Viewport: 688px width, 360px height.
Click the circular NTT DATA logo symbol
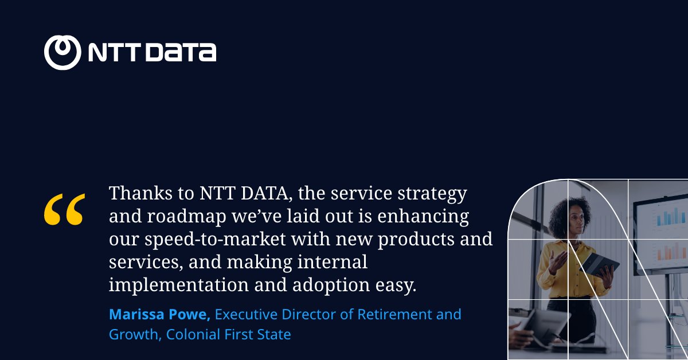[62, 53]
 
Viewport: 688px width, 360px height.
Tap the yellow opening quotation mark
[64, 209]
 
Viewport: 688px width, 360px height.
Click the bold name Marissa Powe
[160, 315]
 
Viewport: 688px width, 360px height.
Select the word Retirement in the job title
[395, 315]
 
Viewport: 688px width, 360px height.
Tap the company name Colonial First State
[229, 334]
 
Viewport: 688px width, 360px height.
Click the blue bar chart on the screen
[670, 216]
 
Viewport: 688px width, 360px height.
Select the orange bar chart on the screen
[671, 251]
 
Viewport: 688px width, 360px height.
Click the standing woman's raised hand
[554, 261]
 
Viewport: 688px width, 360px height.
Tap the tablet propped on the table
[542, 324]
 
